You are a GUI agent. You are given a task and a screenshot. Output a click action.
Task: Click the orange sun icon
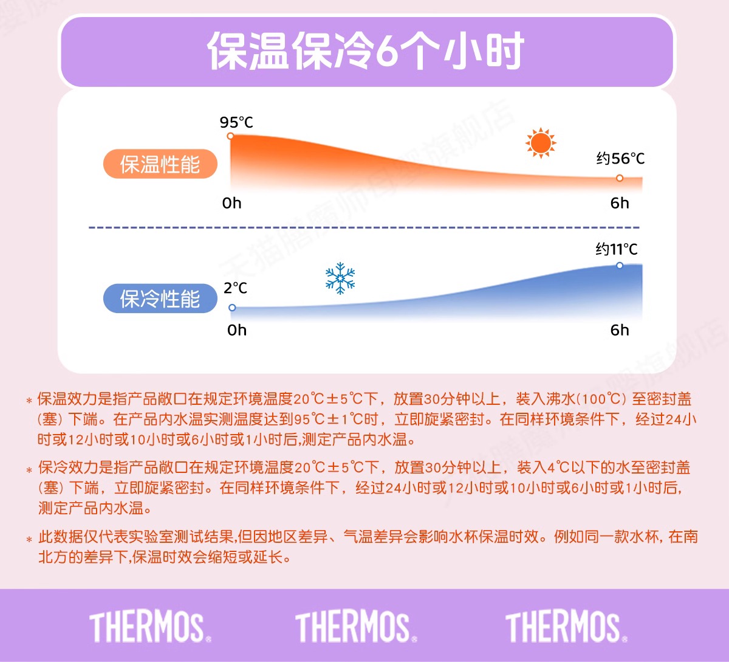[x=541, y=143]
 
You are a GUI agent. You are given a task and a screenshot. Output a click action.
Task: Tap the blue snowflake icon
[x=340, y=278]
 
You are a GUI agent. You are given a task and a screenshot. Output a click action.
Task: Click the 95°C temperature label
[x=236, y=122]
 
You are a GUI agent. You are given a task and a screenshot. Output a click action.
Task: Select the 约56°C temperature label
[x=620, y=159]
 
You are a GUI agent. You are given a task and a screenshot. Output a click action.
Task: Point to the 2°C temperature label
[x=235, y=288]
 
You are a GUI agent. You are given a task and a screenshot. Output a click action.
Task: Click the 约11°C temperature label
[x=617, y=249]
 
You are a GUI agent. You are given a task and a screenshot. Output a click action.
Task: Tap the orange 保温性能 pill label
[x=160, y=164]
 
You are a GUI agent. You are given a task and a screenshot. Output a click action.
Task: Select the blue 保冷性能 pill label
[x=160, y=298]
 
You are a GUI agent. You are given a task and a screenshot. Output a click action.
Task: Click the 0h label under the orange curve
[x=232, y=203]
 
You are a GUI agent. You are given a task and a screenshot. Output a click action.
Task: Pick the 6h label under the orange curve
[x=620, y=203]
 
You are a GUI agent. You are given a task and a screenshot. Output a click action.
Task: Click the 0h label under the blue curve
[x=237, y=330]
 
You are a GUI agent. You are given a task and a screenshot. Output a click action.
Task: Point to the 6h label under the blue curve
[x=620, y=330]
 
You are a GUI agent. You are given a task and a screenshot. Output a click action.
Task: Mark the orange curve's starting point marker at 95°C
[x=230, y=136]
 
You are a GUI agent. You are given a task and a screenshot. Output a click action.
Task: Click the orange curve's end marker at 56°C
[x=620, y=178]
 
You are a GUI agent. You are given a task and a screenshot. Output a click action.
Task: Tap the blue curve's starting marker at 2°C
[x=232, y=308]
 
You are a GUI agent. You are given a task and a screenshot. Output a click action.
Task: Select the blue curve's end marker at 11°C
[x=620, y=266]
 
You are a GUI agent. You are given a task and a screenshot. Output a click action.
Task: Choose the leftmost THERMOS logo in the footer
[x=150, y=627]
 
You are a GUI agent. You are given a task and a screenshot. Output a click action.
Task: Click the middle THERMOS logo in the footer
[x=356, y=627]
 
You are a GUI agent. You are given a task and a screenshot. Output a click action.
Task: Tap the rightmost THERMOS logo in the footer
[x=567, y=627]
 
